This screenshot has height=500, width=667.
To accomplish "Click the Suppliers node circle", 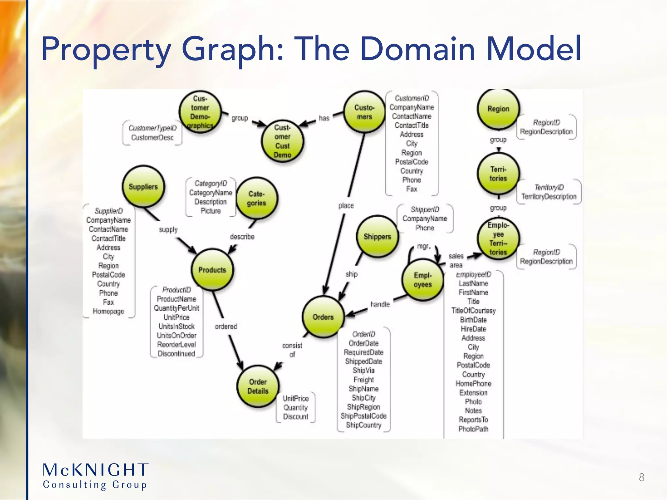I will click(x=143, y=187).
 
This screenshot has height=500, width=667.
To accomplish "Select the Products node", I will click(x=212, y=270).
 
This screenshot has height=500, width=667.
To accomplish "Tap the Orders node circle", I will click(x=323, y=317).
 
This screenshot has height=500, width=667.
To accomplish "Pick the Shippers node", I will click(x=377, y=237).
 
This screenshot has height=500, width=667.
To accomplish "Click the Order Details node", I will click(x=258, y=386).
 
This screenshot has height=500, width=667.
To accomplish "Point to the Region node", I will click(x=498, y=109).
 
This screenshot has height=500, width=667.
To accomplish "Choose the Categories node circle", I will click(x=256, y=198).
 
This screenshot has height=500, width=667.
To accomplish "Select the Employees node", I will click(x=422, y=280).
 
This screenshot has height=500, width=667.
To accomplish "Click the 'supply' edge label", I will click(x=168, y=229).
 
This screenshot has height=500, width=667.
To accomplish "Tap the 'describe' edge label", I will click(x=242, y=237).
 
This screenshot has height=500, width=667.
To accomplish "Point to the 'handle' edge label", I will click(x=380, y=304).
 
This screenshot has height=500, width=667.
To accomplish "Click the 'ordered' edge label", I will click(x=226, y=326).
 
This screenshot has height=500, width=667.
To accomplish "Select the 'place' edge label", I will click(x=346, y=206).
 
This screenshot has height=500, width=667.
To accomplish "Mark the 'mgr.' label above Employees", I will click(x=423, y=246).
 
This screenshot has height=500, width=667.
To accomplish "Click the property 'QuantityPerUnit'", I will click(x=176, y=308).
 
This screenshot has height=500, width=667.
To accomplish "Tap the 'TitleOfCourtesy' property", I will click(x=473, y=311).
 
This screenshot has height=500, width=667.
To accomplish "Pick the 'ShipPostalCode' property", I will click(x=363, y=416).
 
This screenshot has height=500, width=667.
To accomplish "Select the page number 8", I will click(x=641, y=477).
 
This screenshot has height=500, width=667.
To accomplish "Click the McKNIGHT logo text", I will click(x=96, y=470).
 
